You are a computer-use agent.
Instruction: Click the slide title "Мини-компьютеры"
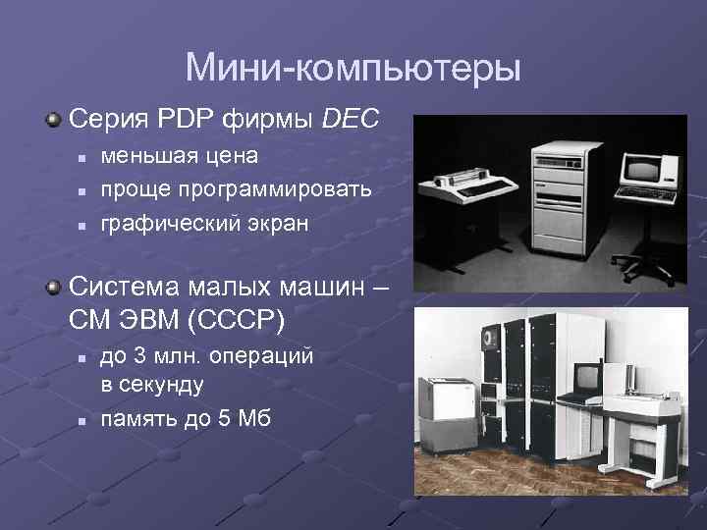[x=353, y=68]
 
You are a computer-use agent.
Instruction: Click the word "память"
[x=136, y=418]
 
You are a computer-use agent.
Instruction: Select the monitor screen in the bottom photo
[x=587, y=377]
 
